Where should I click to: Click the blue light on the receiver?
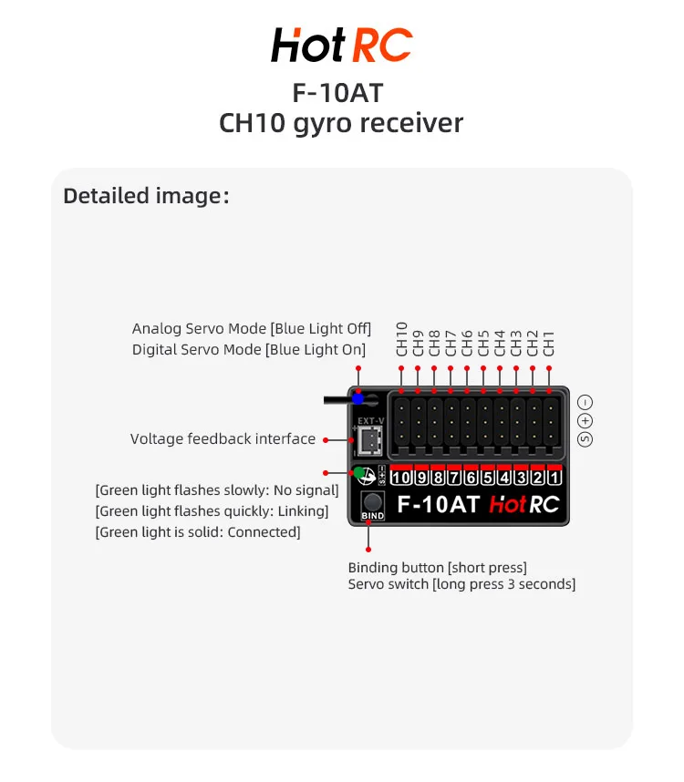click(x=358, y=398)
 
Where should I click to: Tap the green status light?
click(x=362, y=474)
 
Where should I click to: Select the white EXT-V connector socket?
click(x=368, y=441)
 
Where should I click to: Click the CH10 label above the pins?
click(x=402, y=337)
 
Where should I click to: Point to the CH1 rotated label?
click(x=549, y=343)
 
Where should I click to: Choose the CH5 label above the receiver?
click(x=483, y=343)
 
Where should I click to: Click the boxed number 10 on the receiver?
click(x=400, y=478)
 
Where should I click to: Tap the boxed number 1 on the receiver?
click(x=554, y=478)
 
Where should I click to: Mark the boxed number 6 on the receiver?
click(x=471, y=478)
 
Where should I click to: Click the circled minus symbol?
click(x=586, y=402)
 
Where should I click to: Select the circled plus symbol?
click(x=586, y=420)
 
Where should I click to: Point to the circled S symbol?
click(x=586, y=439)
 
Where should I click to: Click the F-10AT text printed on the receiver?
click(x=439, y=503)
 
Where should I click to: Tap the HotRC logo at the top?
click(x=341, y=45)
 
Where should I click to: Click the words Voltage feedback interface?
click(x=223, y=439)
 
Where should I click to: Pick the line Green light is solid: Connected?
click(x=198, y=531)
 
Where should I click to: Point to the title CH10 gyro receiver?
click(x=341, y=123)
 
